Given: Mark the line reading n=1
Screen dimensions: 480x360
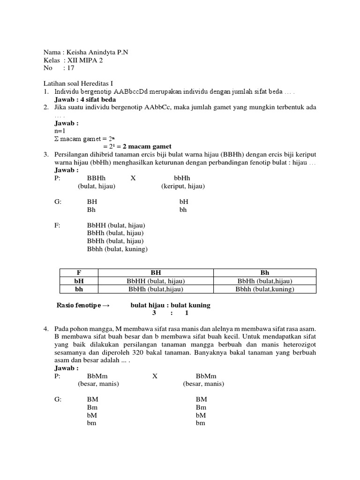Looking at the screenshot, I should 60,131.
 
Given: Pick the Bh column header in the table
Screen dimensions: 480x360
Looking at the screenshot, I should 264,272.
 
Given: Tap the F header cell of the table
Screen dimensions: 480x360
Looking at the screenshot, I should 79,272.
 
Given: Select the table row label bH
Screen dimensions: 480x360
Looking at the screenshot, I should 79,281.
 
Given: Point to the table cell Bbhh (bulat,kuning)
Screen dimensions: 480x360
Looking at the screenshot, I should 264,289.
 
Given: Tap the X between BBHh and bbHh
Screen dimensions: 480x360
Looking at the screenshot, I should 133,178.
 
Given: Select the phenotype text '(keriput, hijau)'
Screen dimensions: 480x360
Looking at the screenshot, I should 183,186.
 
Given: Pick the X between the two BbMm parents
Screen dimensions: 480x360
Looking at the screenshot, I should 155,375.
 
